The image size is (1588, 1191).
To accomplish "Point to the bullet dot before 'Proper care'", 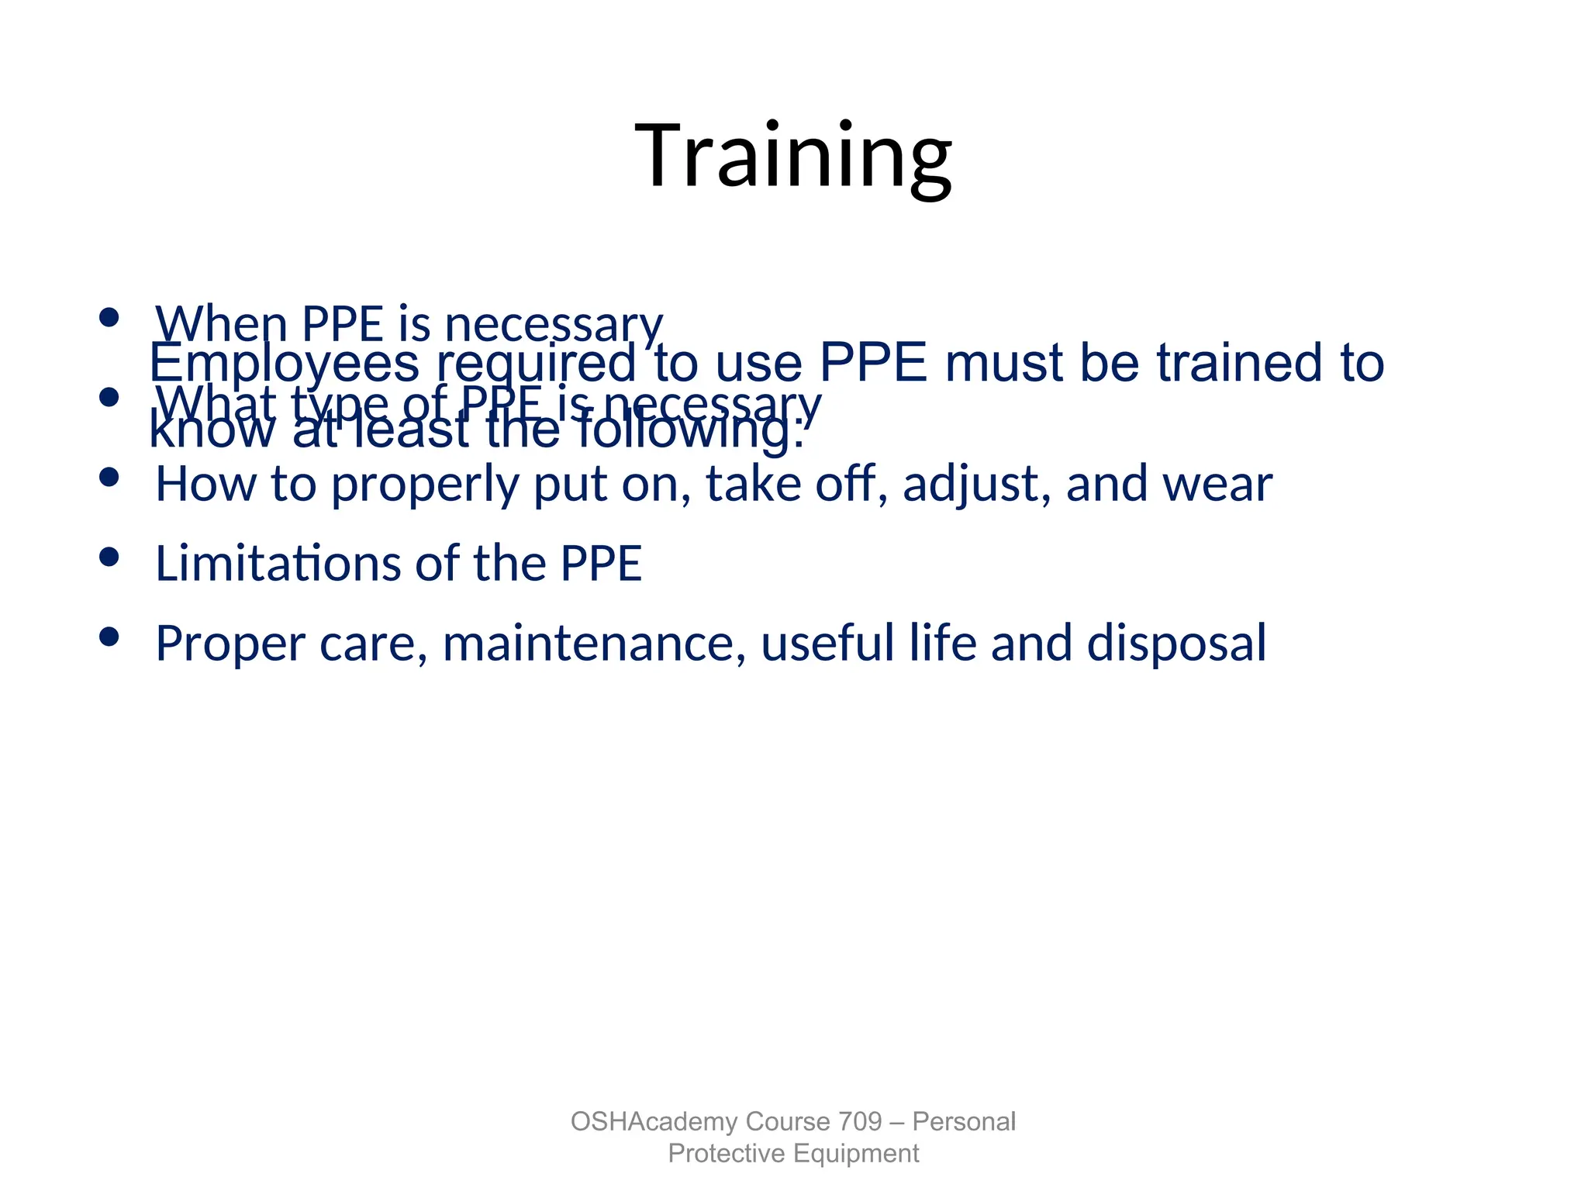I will point(109,636).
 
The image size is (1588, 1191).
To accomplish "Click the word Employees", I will point(284,363).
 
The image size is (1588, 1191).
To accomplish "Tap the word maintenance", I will point(594,643).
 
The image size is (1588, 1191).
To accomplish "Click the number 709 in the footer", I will point(860,1121).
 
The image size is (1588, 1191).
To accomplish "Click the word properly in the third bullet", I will point(425,484).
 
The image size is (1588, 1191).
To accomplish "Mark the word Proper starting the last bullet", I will point(230,643).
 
